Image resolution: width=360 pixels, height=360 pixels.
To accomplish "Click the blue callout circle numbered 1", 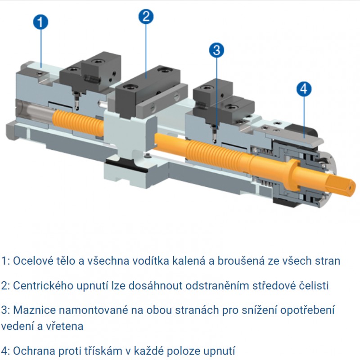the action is [x=40, y=22].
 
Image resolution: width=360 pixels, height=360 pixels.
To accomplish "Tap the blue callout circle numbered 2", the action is [x=146, y=17].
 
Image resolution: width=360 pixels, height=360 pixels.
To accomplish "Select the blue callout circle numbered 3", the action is [x=216, y=50].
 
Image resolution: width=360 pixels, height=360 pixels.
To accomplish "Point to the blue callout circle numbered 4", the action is [x=304, y=89].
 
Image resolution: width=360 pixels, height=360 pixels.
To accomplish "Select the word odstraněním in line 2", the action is [x=217, y=286].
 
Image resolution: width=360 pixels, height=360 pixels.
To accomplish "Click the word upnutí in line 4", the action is [x=219, y=351].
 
